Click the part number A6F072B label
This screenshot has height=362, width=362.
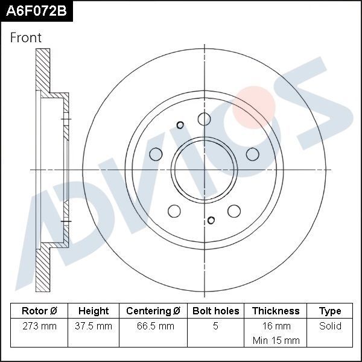(x=36, y=11)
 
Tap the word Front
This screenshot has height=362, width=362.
(x=26, y=37)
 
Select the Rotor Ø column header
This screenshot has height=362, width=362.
(x=39, y=311)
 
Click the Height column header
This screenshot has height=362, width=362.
(x=94, y=311)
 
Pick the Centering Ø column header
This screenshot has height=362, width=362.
(x=153, y=311)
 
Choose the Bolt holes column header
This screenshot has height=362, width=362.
(x=215, y=311)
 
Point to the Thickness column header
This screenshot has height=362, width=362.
(x=276, y=311)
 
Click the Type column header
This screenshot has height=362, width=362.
(x=330, y=311)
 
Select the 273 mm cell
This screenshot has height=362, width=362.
(x=39, y=326)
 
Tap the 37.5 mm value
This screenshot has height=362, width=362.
(x=94, y=326)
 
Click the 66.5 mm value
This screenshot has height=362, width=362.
(x=153, y=326)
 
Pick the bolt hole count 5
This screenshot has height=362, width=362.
(x=215, y=326)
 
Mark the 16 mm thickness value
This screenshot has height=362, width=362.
(x=276, y=326)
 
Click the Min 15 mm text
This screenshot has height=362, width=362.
(x=276, y=340)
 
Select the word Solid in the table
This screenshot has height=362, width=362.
(x=330, y=326)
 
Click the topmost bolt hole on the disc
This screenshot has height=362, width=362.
(x=205, y=118)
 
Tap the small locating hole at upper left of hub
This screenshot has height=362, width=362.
(x=180, y=125)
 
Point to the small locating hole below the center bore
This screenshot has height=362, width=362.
(x=211, y=220)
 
